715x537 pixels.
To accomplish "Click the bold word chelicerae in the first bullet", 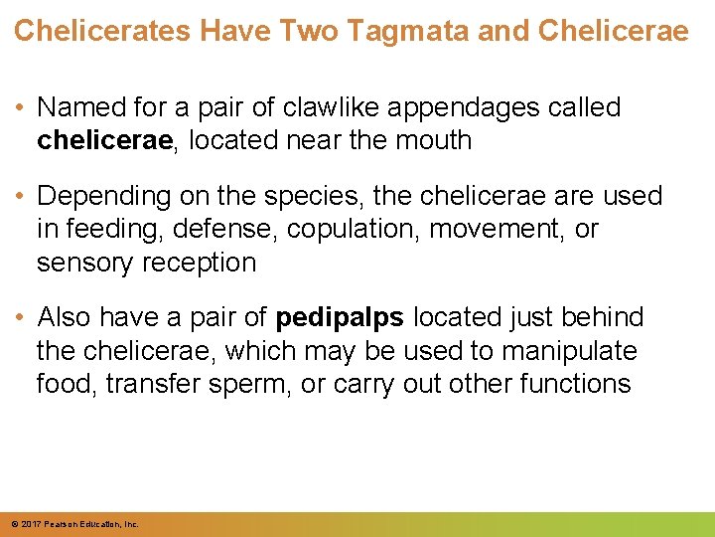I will (104, 140).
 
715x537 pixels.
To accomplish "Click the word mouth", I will (430, 140).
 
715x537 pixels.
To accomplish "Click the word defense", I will (226, 229).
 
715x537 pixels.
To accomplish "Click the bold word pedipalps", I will (340, 317).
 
